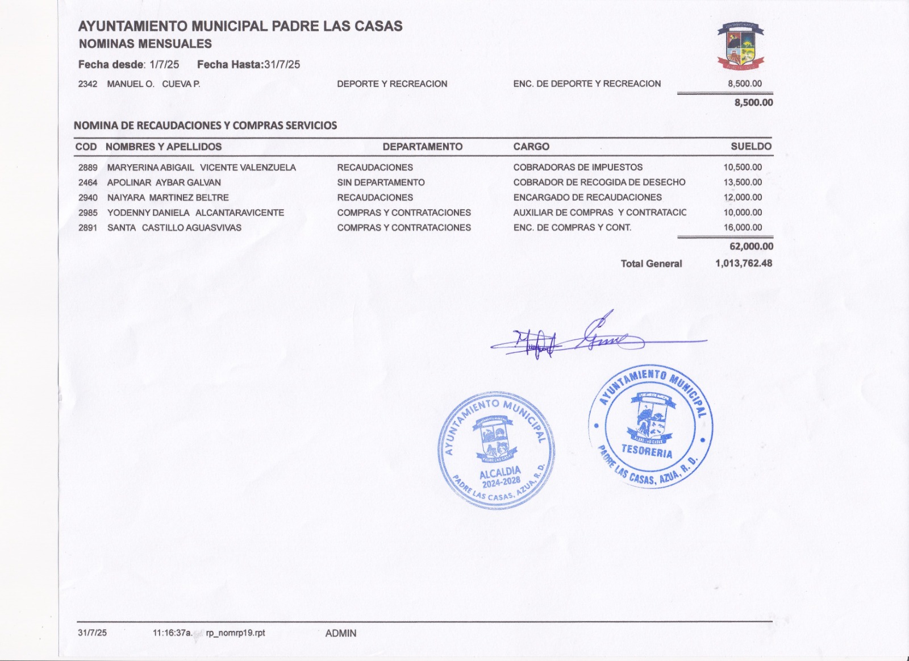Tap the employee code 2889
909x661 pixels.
[x=88, y=168]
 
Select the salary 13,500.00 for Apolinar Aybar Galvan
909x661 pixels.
[x=743, y=182]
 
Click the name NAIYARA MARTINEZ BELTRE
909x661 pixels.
[x=168, y=198]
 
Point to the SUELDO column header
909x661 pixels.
[x=750, y=147]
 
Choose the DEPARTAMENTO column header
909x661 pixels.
[x=422, y=147]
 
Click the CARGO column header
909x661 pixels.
[x=531, y=147]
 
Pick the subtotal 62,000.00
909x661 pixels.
[x=751, y=247]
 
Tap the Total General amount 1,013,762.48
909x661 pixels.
[x=744, y=264]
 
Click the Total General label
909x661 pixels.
[x=651, y=264]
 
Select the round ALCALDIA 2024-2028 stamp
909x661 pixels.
[x=496, y=450]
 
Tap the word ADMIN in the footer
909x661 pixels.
[x=341, y=633]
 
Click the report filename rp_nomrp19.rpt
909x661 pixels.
[x=235, y=633]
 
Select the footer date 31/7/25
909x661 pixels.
[x=92, y=633]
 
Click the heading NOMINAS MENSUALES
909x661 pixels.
[x=145, y=44]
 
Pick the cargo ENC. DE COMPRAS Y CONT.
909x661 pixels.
[x=572, y=228]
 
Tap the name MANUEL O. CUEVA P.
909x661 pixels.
[x=153, y=84]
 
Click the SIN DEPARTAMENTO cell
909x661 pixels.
[x=381, y=182]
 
